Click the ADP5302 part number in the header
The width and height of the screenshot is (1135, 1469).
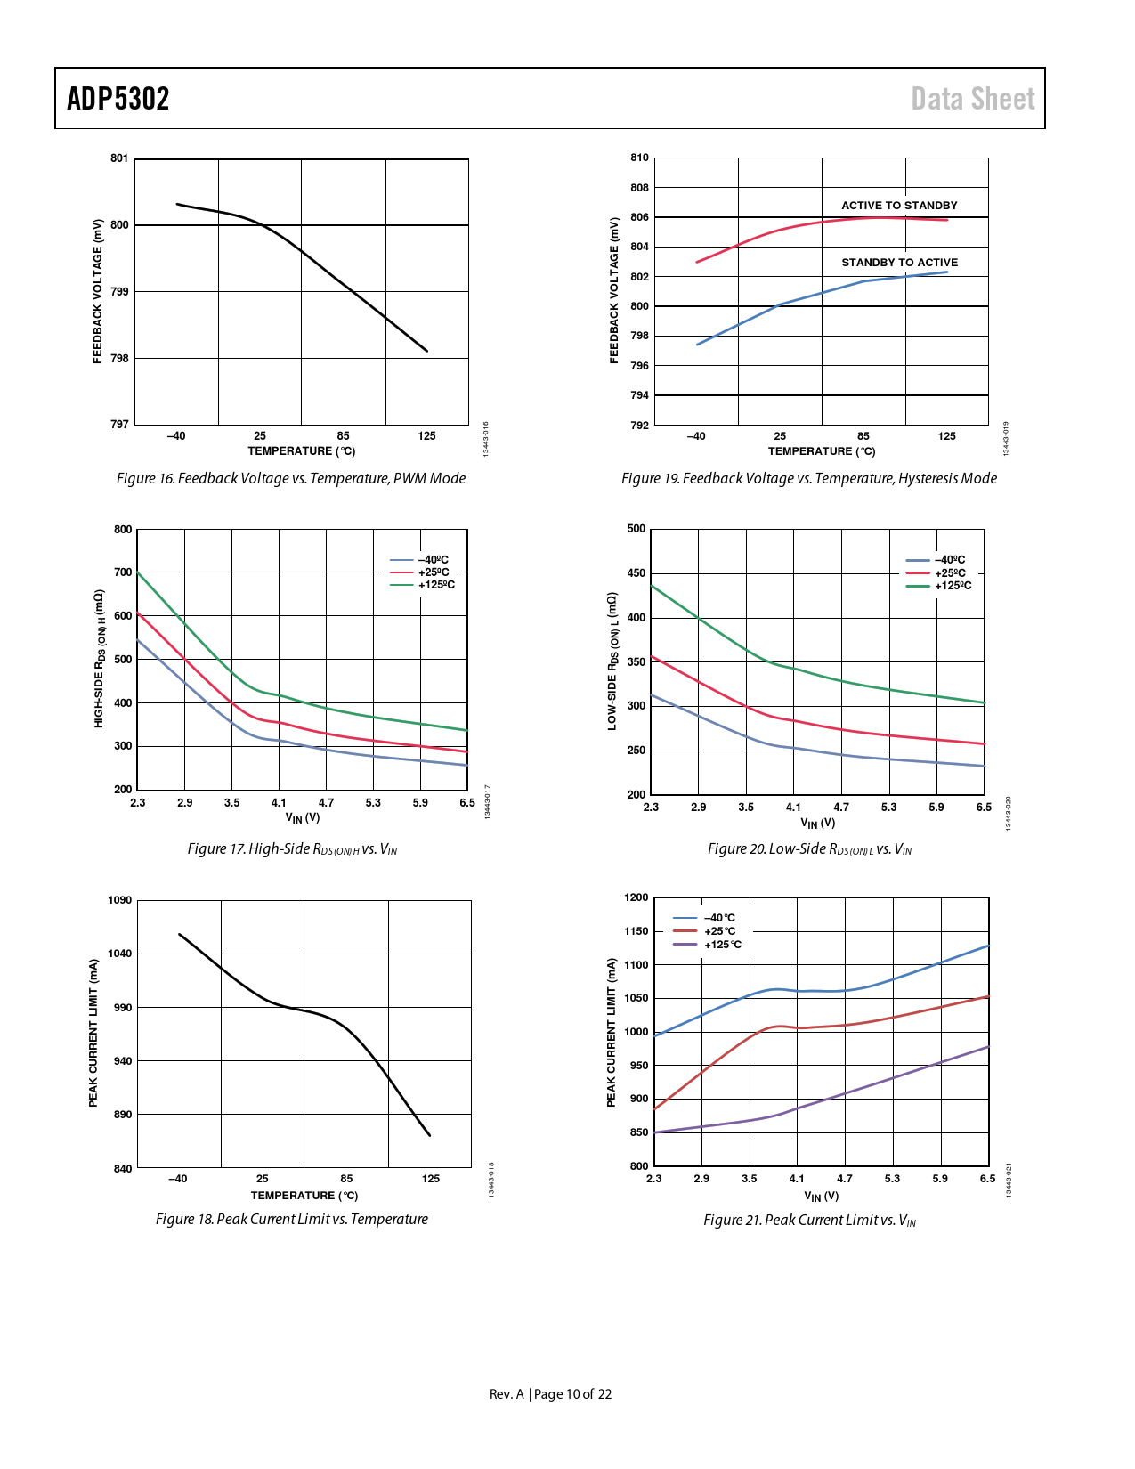click(x=118, y=99)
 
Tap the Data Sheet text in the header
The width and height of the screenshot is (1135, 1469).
click(x=972, y=99)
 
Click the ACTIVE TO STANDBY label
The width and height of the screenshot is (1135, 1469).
click(x=899, y=206)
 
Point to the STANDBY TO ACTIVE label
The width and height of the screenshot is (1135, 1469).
click(x=899, y=263)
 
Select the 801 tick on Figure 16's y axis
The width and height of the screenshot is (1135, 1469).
click(x=119, y=158)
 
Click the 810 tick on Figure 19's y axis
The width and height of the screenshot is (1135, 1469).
click(x=639, y=158)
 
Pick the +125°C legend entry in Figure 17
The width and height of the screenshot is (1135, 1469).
click(x=436, y=585)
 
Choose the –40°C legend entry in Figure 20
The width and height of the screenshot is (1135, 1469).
click(x=949, y=560)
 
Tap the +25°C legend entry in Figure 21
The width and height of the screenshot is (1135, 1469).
click(x=719, y=931)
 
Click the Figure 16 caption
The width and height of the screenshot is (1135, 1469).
click(x=291, y=479)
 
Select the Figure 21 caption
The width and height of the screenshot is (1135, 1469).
click(x=809, y=1221)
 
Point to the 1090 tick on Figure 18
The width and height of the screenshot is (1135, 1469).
click(x=120, y=900)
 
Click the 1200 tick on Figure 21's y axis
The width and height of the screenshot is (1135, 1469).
click(x=636, y=897)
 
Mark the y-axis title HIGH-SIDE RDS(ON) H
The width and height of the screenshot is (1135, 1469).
click(x=99, y=659)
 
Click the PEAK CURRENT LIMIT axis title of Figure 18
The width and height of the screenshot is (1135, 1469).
click(x=93, y=1033)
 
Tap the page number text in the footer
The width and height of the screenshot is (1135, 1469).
click(x=551, y=1394)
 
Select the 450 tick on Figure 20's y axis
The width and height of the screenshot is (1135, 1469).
click(x=636, y=573)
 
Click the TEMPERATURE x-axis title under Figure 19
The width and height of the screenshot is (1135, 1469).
click(x=822, y=451)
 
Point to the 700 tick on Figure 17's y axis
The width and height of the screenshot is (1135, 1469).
click(x=123, y=572)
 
